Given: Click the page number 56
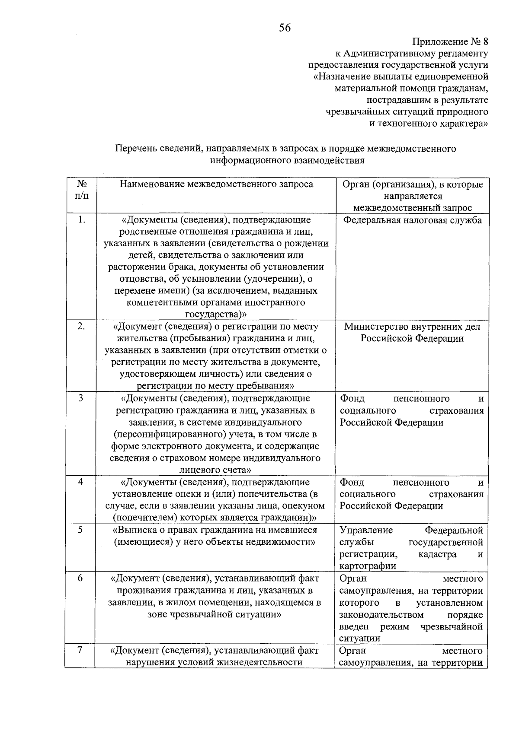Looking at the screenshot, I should (285, 28).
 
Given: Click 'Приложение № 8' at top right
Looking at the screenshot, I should (450, 42).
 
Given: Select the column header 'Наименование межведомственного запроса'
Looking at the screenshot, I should (216, 184).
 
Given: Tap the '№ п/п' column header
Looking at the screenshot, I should (81, 190).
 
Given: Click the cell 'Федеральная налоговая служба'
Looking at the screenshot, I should (412, 220).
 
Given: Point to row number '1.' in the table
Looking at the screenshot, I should (81, 220).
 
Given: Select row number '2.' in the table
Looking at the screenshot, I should (81, 326).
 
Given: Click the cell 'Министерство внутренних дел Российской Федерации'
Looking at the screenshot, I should (412, 333).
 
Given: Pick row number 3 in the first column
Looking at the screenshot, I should (81, 398).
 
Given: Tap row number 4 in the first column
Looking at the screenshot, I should (81, 482).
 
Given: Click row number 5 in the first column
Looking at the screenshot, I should (81, 530).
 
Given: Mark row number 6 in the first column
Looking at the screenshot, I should (81, 578).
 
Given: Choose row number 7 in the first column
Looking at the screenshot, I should (81, 650).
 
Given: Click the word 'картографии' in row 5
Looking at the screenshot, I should (368, 566).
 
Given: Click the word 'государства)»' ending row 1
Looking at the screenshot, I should (216, 314).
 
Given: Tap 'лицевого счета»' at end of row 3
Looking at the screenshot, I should (215, 470).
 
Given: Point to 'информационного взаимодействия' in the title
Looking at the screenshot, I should (287, 161).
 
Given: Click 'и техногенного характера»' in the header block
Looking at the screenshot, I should (428, 124).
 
